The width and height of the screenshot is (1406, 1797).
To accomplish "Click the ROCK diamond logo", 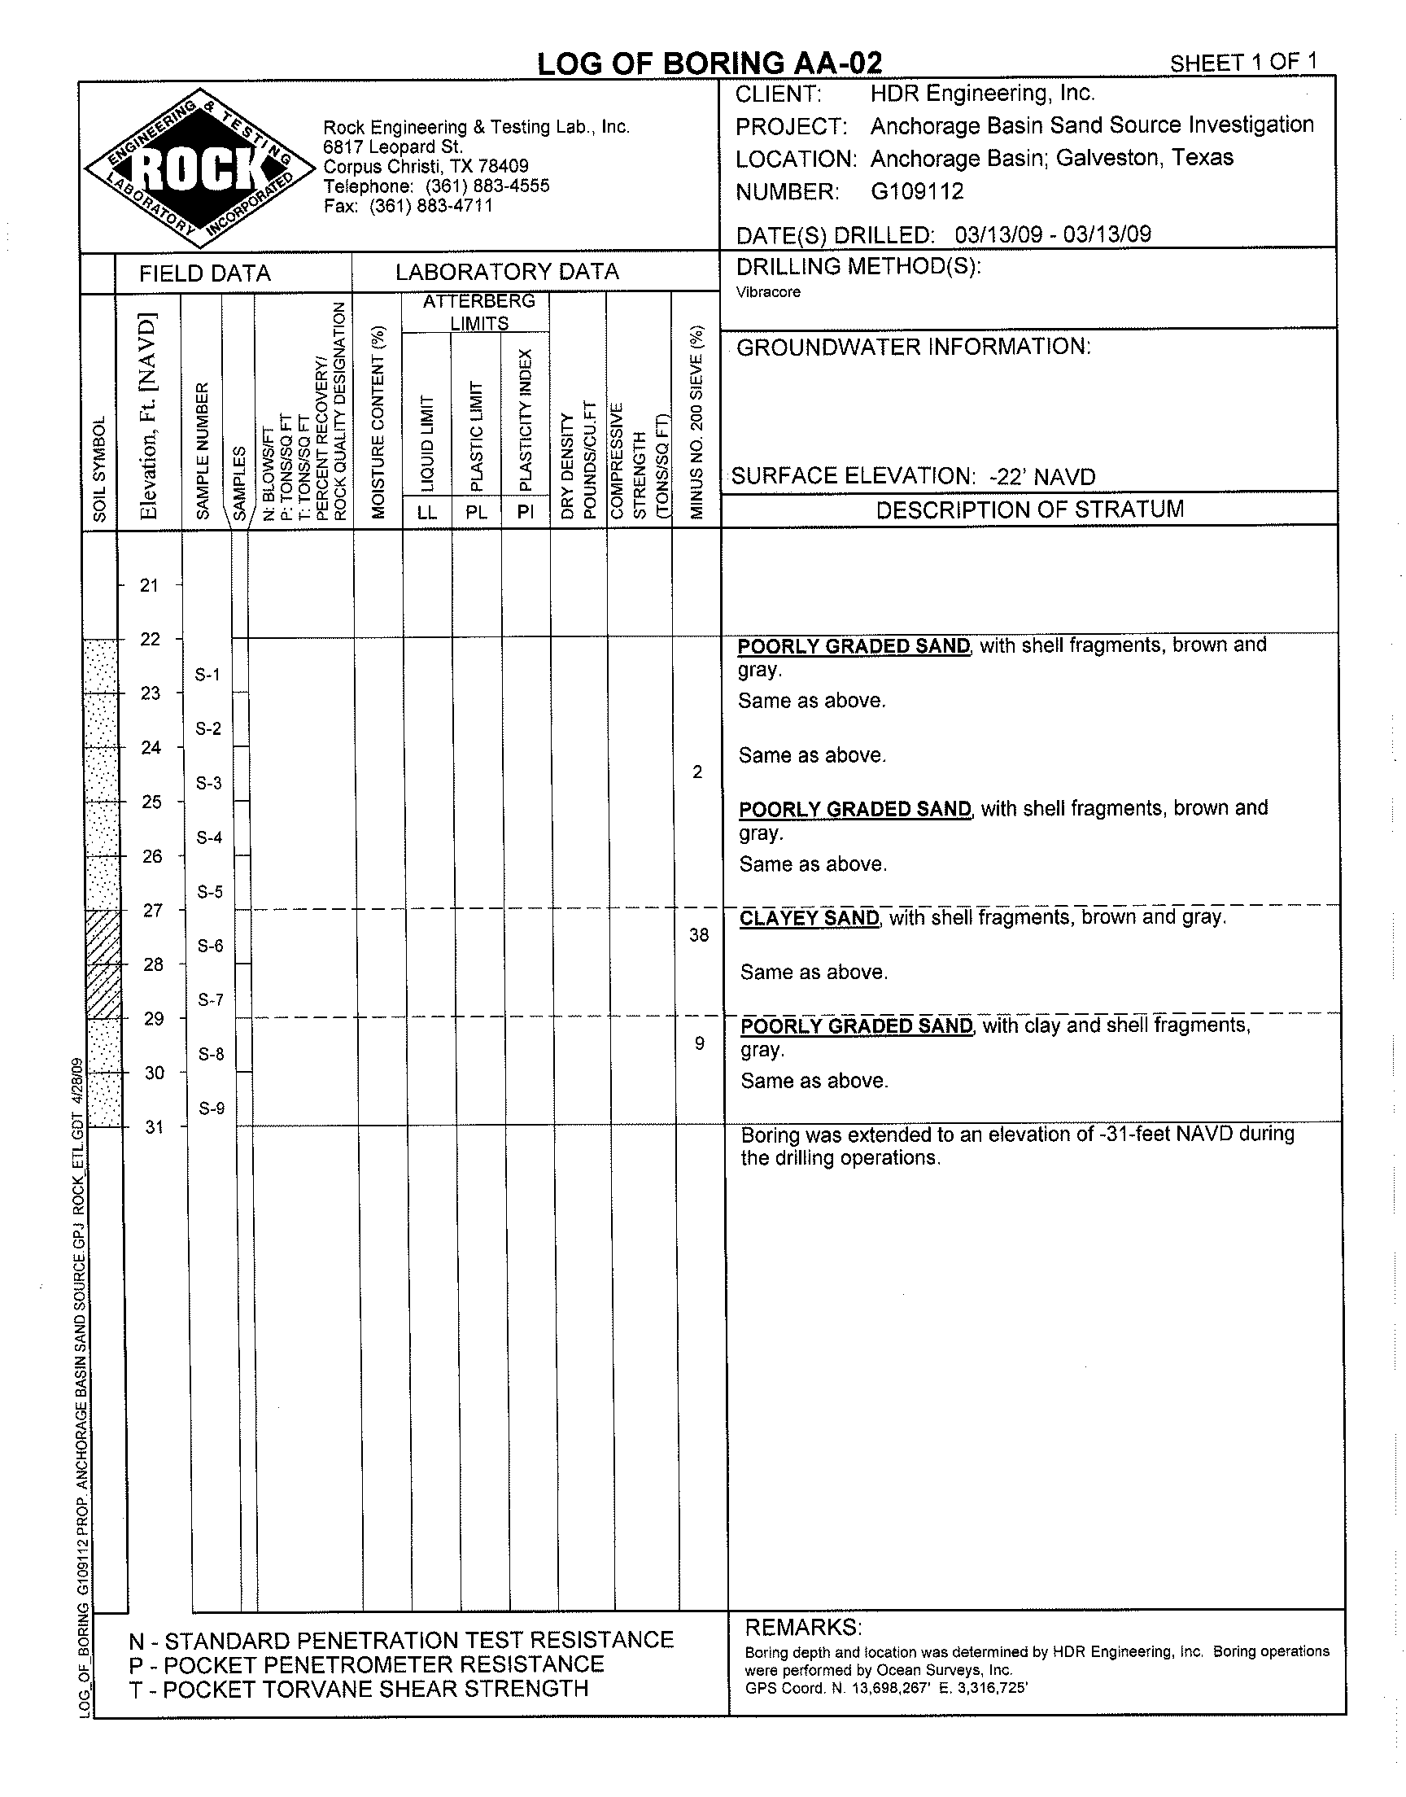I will pyautogui.click(x=201, y=167).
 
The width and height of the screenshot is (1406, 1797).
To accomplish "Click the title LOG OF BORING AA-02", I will pyautogui.click(x=709, y=63).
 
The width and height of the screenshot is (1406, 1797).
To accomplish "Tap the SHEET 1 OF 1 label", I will pyautogui.click(x=1243, y=63).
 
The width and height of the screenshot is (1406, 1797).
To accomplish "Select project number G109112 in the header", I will pyautogui.click(x=917, y=192).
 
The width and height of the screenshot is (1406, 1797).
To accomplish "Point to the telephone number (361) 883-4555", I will pyautogui.click(x=487, y=186).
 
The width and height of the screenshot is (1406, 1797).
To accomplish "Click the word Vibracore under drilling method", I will pyautogui.click(x=768, y=292).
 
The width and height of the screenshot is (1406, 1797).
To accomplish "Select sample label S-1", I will pyautogui.click(x=207, y=675).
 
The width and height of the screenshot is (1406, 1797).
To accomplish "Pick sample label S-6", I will pyautogui.click(x=211, y=946).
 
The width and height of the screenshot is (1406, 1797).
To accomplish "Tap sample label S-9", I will pyautogui.click(x=212, y=1108).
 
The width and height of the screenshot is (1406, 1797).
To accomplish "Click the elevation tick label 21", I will pyautogui.click(x=149, y=585).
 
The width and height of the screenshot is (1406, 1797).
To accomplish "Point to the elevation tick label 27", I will pyautogui.click(x=153, y=910).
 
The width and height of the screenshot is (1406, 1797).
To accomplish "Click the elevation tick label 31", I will pyautogui.click(x=155, y=1127).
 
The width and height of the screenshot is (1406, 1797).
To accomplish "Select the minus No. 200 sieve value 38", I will pyautogui.click(x=699, y=934).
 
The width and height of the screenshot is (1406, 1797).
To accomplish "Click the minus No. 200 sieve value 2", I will pyautogui.click(x=697, y=772).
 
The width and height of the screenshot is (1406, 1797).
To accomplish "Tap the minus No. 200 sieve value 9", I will pyautogui.click(x=699, y=1044).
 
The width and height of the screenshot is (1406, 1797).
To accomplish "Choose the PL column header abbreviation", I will pyautogui.click(x=477, y=512).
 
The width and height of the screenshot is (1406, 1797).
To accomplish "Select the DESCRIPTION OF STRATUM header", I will pyautogui.click(x=1029, y=509).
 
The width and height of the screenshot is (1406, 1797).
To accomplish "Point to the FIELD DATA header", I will pyautogui.click(x=204, y=273).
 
